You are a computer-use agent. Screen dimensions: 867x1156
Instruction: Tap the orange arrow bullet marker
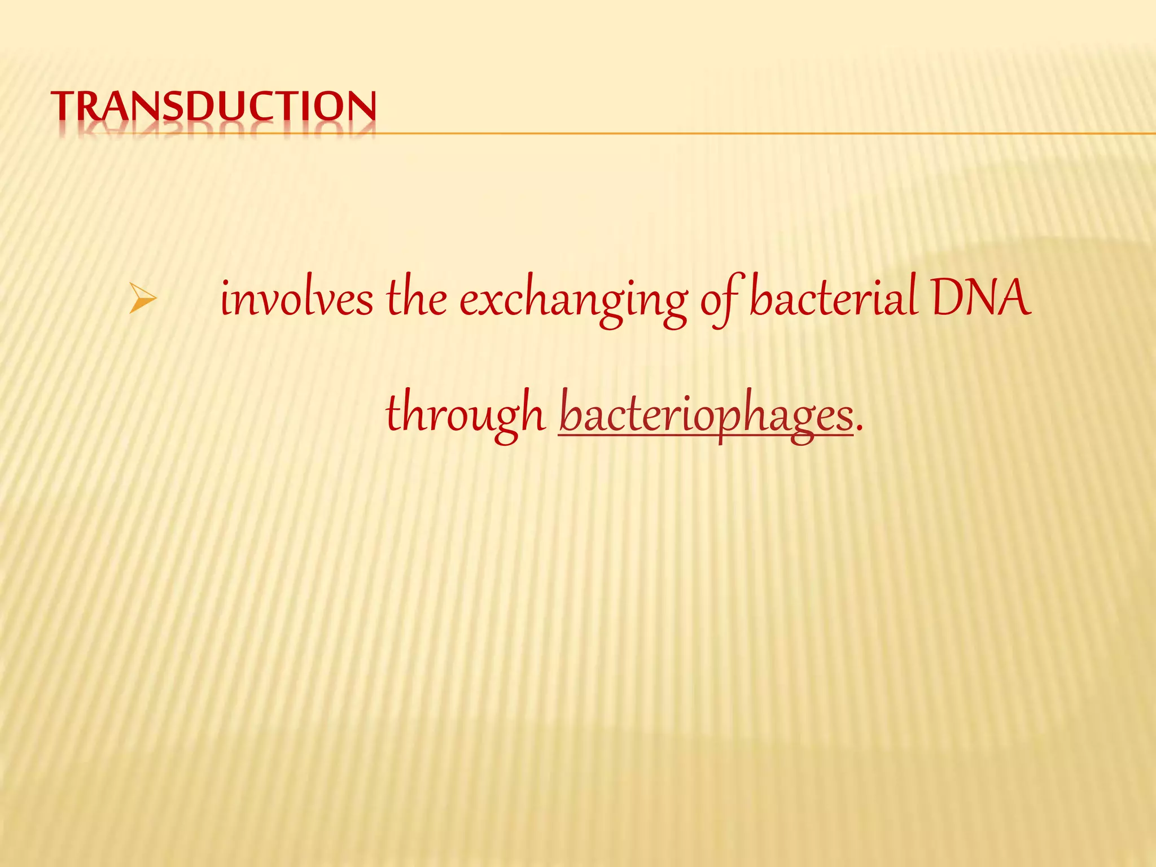[x=142, y=299]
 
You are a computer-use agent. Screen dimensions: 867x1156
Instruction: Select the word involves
[x=296, y=299]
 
